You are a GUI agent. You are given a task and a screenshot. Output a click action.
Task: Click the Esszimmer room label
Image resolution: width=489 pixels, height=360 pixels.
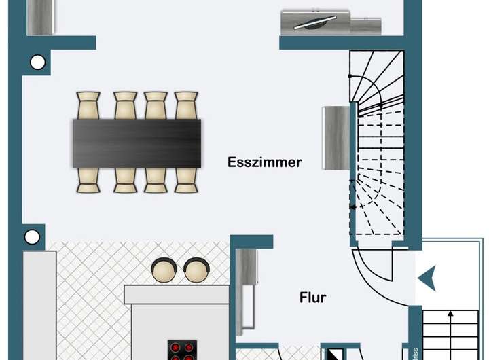click(265, 162)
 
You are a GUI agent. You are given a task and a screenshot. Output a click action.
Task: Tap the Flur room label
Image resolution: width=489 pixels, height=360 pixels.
click(313, 298)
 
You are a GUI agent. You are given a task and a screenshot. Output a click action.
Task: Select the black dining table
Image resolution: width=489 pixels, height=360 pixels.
click(137, 143)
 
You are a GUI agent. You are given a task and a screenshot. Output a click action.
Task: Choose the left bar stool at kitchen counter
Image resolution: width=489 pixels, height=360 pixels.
click(164, 271)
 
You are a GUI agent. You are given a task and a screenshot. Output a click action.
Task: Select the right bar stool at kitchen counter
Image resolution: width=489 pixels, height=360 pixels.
click(196, 271)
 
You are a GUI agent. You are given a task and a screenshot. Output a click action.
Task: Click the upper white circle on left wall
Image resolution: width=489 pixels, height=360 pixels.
click(37, 63)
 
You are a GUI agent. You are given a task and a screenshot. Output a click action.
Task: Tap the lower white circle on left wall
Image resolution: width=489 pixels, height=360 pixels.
click(32, 237)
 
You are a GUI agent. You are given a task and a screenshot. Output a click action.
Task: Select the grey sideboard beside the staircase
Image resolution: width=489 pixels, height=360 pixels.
click(336, 138)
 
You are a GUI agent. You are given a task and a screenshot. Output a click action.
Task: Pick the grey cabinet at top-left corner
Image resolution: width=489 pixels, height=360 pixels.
click(40, 17)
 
